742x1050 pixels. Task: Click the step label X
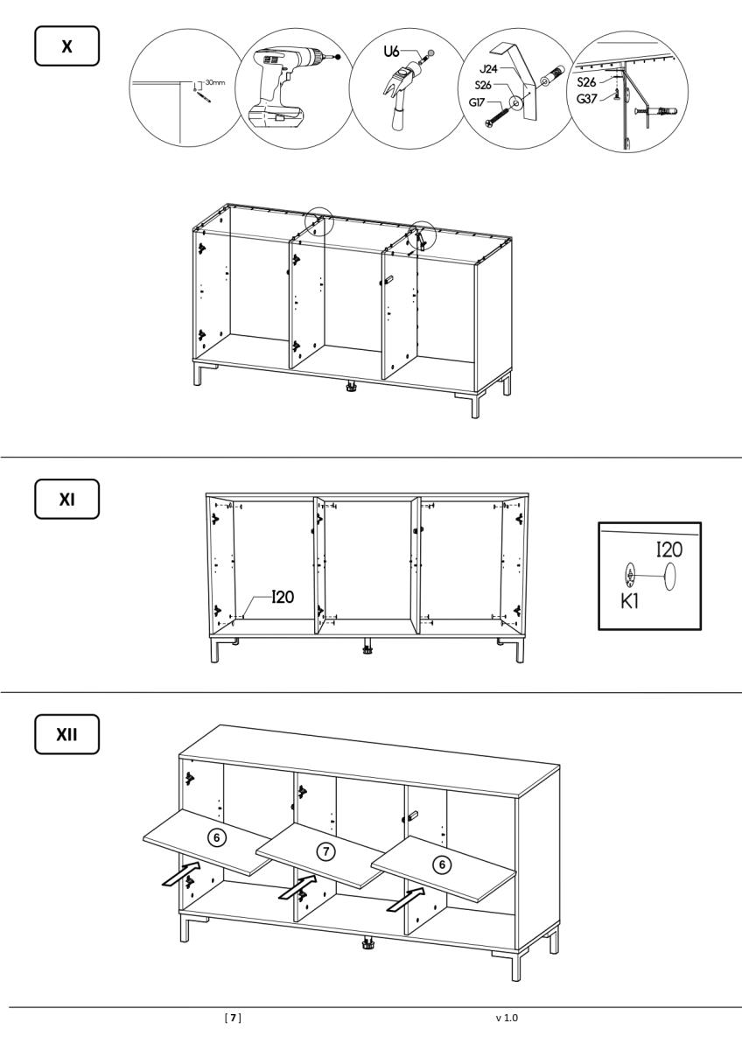pos(67,45)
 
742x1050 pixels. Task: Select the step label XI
pos(67,500)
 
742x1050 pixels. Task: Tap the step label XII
pos(67,734)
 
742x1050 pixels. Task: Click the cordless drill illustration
pos(290,87)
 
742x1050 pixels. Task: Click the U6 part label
pos(392,52)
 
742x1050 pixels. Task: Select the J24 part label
pos(488,69)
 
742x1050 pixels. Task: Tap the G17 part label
pos(477,101)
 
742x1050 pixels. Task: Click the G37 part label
pos(587,99)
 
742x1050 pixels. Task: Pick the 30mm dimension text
pos(215,82)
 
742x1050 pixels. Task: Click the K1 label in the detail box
pos(629,602)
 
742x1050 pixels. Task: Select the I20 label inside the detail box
pos(669,549)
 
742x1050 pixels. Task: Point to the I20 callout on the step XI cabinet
pos(283,597)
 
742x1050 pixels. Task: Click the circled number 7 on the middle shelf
pos(326,850)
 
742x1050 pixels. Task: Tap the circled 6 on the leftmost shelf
pos(217,837)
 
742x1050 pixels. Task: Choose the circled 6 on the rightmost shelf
pos(442,864)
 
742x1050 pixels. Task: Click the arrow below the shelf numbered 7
pos(297,885)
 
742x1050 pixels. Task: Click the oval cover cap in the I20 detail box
pos(670,577)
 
